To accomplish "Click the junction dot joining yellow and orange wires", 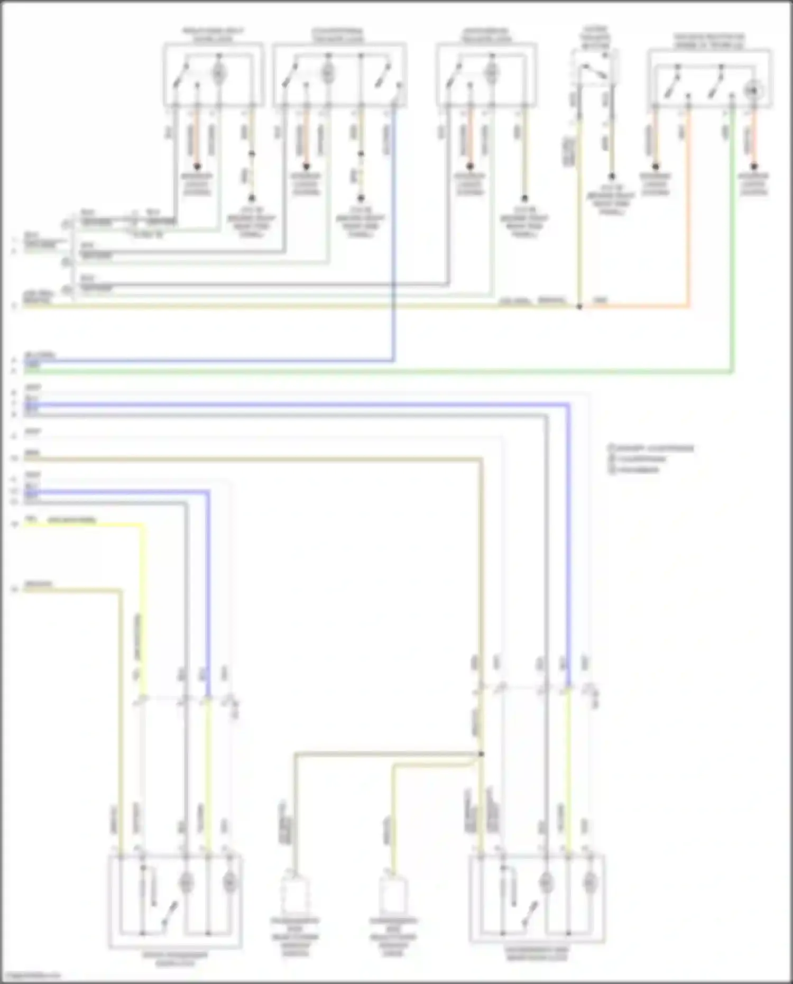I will click(x=579, y=306).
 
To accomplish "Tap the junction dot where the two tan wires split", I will click(x=481, y=754).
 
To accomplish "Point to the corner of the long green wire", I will click(x=732, y=372).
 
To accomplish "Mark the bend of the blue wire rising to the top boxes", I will click(x=393, y=361).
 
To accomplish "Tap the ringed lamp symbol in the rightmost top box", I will click(x=753, y=90).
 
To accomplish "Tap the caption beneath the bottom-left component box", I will click(x=175, y=959).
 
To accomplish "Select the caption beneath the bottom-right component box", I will click(x=536, y=953).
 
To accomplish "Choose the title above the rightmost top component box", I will click(x=709, y=41).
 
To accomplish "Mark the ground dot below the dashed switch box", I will click(x=612, y=176).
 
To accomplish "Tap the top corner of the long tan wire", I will click(x=481, y=459).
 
